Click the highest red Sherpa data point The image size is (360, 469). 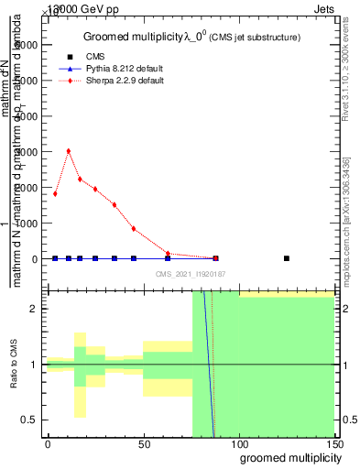pyautogui.click(x=69, y=151)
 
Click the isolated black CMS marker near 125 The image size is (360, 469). pyautogui.click(x=287, y=258)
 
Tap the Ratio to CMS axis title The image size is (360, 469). pyautogui.click(x=15, y=365)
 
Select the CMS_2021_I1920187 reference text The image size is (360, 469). pyautogui.click(x=190, y=273)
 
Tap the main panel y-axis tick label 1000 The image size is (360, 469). pyautogui.click(x=27, y=224)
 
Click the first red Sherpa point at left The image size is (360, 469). pyautogui.click(x=55, y=193)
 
